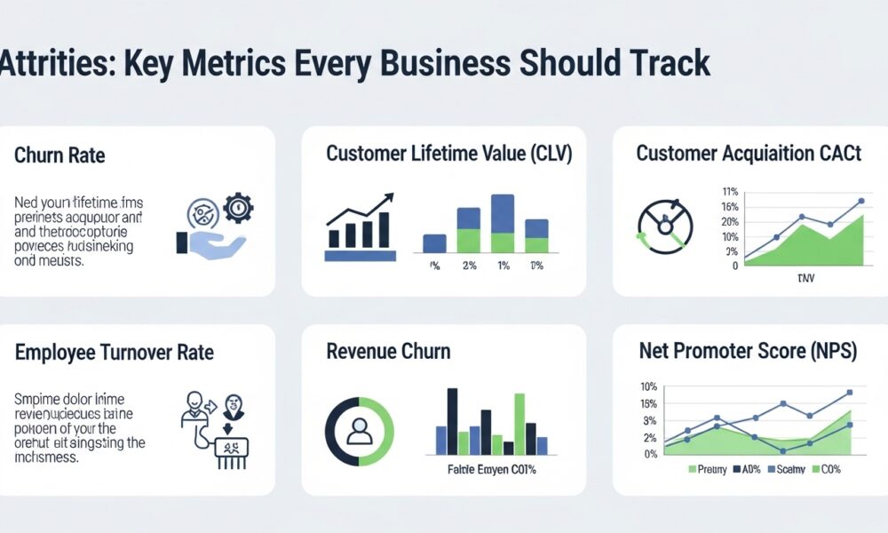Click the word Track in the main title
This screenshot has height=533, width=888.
(666, 64)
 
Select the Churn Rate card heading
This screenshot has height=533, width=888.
(59, 155)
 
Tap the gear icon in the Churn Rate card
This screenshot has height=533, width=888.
(237, 208)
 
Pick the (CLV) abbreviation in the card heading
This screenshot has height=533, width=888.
(541, 154)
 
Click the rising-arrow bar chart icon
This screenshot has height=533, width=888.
(361, 222)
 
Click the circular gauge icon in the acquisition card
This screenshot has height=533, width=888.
(664, 223)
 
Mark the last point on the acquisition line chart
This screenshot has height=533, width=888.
(860, 201)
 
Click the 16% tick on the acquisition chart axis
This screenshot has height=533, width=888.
(731, 207)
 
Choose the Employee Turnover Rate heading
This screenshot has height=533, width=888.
(115, 352)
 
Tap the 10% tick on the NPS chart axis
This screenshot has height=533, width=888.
(648, 386)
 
